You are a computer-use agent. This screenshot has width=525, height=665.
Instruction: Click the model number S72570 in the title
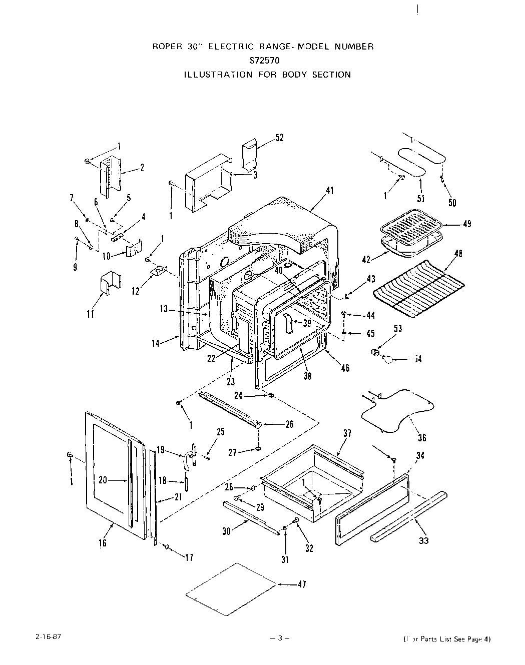(263, 61)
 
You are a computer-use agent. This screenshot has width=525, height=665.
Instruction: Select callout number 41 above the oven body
(329, 191)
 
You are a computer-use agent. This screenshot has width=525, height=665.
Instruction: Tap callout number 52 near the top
(280, 138)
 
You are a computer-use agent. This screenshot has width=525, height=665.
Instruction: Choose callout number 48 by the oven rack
(457, 254)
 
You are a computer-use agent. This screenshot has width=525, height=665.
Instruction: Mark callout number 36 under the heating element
(422, 438)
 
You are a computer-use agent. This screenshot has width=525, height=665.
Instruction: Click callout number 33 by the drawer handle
(423, 540)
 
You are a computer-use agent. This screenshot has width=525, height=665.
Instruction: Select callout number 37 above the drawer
(347, 434)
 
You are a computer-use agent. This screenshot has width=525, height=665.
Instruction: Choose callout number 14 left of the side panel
(156, 343)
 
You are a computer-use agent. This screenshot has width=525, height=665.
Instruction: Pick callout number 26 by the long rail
(289, 424)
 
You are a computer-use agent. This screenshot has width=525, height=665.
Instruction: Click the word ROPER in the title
(165, 47)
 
